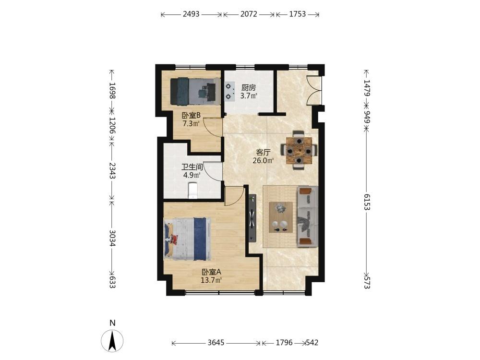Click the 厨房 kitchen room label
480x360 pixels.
point(248,87)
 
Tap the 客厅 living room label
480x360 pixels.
point(263,152)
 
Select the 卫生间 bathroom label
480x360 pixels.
point(192,167)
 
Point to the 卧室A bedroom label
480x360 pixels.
point(211,272)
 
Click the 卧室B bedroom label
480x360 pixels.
point(192,116)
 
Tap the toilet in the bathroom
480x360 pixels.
point(192,191)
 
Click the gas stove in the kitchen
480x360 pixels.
point(229,91)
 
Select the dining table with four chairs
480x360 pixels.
point(299,150)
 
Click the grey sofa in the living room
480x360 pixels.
point(307,216)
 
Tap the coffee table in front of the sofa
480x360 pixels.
point(280,217)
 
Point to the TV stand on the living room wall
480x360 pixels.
point(252,218)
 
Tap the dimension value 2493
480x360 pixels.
point(191,14)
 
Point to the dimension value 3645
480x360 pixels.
point(216,343)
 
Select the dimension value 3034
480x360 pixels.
point(112,238)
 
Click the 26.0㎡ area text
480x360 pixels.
point(263,160)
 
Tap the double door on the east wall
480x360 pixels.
point(314,91)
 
